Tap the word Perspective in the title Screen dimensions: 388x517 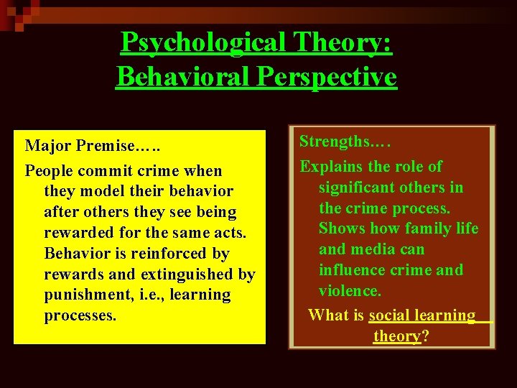[x=337, y=76]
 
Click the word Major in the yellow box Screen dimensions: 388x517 [x=47, y=146]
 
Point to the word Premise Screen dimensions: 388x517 [x=106, y=146]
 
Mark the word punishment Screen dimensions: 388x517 [x=90, y=295]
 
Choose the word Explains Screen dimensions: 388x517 [x=331, y=167]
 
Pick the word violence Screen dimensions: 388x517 [x=350, y=290]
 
